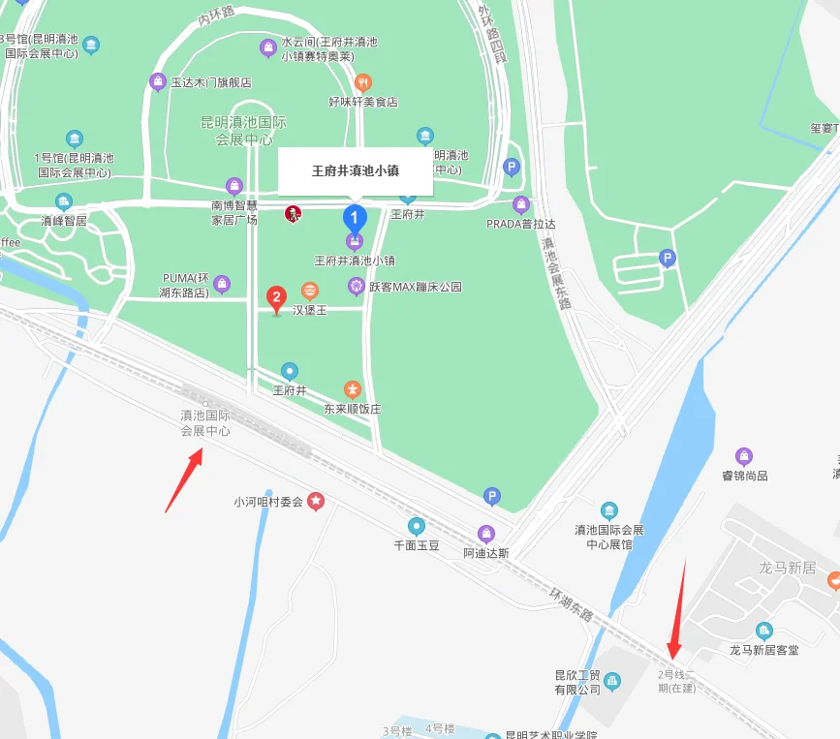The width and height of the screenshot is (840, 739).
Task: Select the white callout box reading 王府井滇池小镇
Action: point(355,170)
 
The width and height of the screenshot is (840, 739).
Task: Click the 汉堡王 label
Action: point(311,310)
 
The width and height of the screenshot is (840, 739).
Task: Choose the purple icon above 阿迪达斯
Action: point(486,534)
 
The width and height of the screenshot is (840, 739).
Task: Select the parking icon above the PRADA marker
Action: point(512,168)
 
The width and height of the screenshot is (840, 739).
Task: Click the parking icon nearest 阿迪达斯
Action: point(492,497)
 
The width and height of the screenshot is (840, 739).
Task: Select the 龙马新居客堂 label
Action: point(764,650)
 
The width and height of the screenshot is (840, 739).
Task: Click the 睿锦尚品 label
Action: point(744,476)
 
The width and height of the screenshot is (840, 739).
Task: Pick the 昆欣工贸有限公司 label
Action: point(577,682)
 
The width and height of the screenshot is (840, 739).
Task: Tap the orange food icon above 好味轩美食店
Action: point(362,82)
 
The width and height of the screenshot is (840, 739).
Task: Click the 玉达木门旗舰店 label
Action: point(211,82)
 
